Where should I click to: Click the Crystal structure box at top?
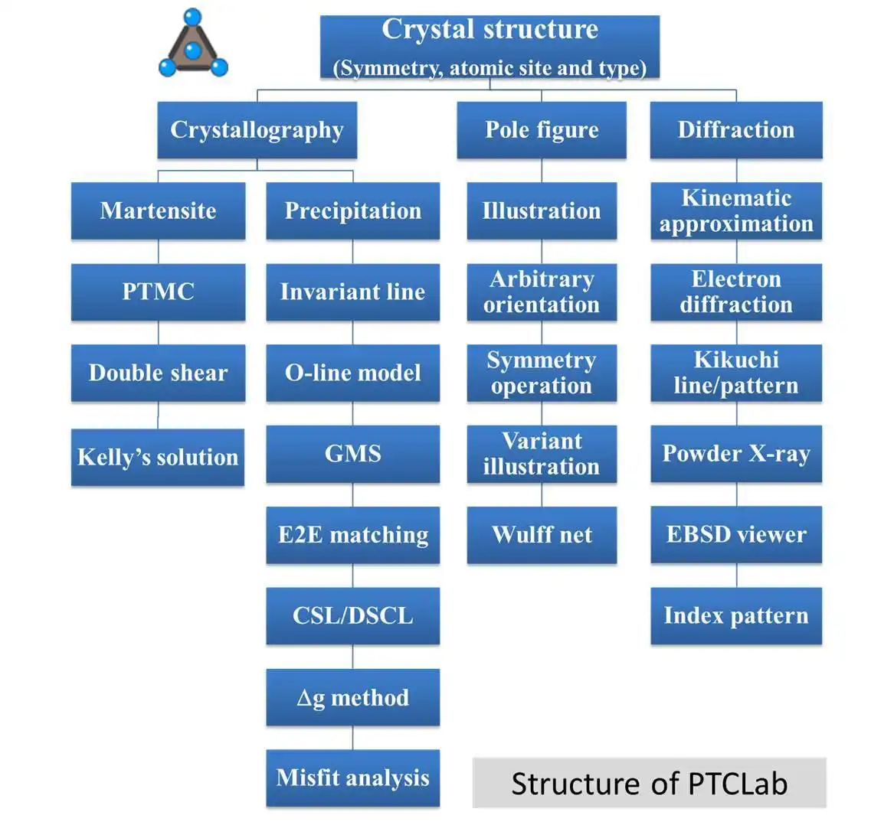[x=490, y=47]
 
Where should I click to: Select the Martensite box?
[x=158, y=210]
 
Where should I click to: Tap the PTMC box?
[x=158, y=292]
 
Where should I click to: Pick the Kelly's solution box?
[x=158, y=457]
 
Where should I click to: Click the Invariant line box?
[x=352, y=292]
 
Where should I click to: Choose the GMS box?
[x=352, y=454]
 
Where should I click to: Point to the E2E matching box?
[x=352, y=535]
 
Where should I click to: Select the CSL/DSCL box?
[x=352, y=616]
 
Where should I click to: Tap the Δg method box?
[x=352, y=697]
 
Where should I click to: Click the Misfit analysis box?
[x=352, y=778]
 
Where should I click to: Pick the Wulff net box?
[x=542, y=535]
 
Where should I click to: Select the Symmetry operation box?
[x=542, y=373]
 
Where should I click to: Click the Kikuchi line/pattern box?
[x=736, y=373]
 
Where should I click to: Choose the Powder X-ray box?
[x=736, y=454]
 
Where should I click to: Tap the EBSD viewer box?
[x=736, y=535]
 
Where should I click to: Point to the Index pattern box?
[x=736, y=616]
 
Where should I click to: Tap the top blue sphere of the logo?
[x=192, y=17]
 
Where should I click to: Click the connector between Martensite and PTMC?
[x=159, y=252]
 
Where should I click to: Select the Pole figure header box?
[x=542, y=130]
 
